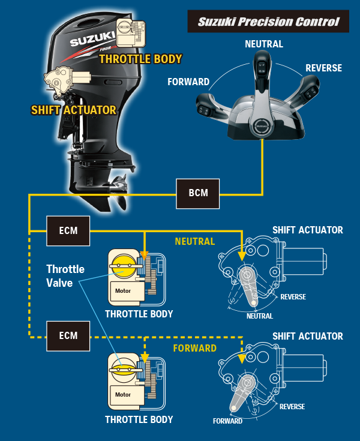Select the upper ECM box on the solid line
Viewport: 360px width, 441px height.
[68, 230]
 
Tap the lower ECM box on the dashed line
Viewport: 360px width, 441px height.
[68, 335]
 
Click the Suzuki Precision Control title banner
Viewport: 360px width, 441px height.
[268, 22]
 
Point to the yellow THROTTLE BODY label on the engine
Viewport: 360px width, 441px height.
[140, 59]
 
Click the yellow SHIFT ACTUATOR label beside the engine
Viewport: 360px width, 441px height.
[73, 110]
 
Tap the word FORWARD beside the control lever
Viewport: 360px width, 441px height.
[188, 82]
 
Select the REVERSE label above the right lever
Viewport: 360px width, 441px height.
[323, 68]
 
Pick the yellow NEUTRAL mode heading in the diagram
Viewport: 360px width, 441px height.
[194, 242]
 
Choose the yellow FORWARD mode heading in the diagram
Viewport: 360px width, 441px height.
[194, 348]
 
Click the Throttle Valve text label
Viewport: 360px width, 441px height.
[65, 275]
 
